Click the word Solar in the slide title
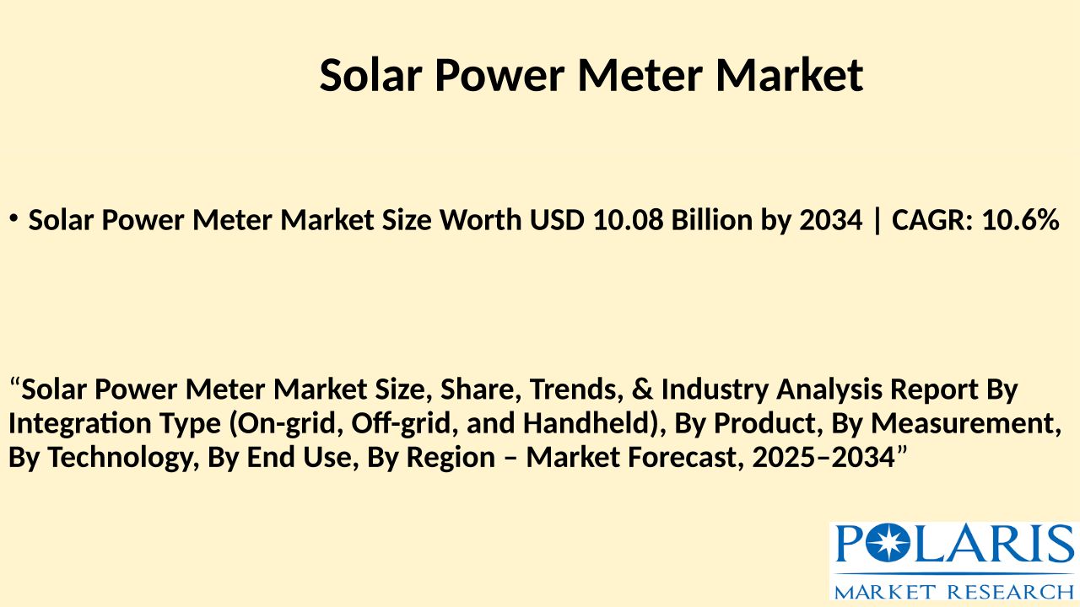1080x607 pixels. (370, 75)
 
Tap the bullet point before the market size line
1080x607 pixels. (13, 218)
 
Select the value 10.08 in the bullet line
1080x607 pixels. (629, 220)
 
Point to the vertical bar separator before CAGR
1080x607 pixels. (877, 221)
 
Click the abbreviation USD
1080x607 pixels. (557, 220)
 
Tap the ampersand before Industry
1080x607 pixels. (642, 389)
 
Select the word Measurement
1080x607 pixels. (966, 423)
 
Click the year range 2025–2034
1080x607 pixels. (823, 457)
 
